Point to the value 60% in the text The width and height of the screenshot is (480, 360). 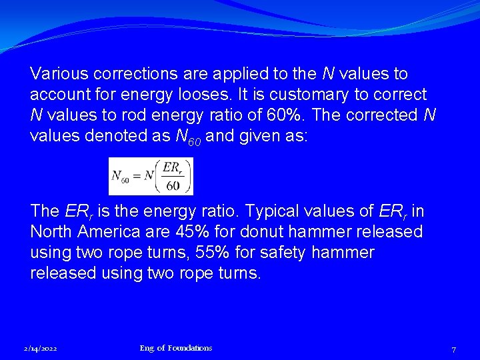282,115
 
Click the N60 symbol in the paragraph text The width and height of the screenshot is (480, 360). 187,136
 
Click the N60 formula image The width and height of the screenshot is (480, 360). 151,177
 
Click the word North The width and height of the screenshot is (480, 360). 51,232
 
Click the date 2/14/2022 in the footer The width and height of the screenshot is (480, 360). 40,349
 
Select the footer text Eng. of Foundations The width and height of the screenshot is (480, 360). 176,348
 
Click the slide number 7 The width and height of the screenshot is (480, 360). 453,349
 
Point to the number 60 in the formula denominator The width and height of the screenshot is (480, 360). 173,185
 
